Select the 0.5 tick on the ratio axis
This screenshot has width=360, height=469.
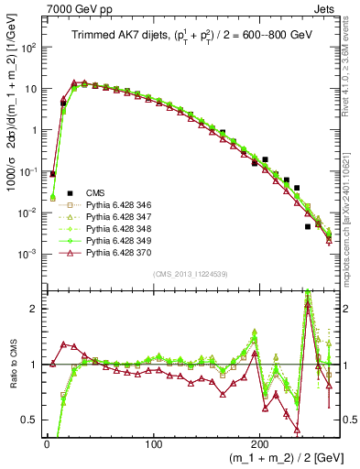(x=32, y=420)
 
